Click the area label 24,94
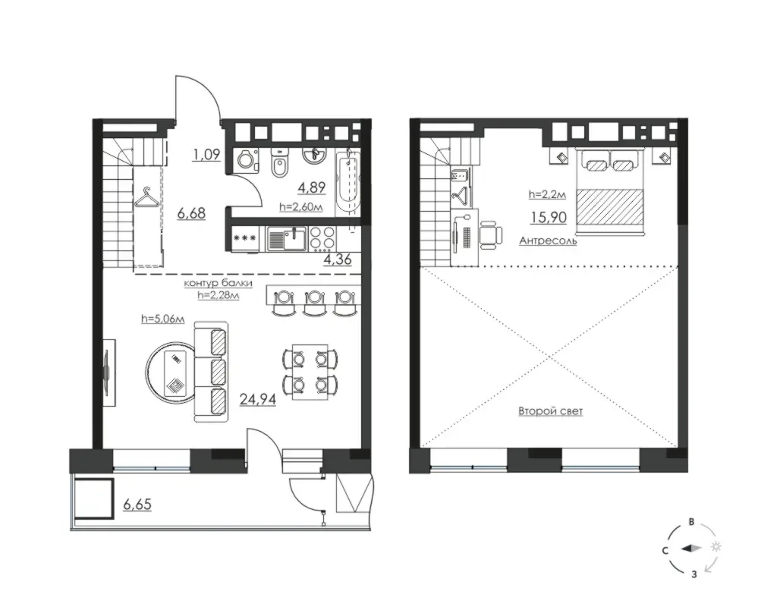[x=258, y=399]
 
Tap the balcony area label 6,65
[x=137, y=504]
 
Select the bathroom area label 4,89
[x=312, y=187]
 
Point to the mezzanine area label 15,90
[x=548, y=218]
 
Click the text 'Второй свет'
[x=551, y=411]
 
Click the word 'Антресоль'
[x=548, y=241]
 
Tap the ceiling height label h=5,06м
[x=163, y=319]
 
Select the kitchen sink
[x=287, y=239]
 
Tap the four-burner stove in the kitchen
[x=322, y=238]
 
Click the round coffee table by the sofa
[x=171, y=370]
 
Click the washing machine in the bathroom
[x=246, y=160]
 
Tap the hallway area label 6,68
[x=191, y=212]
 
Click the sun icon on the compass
[x=716, y=546]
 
